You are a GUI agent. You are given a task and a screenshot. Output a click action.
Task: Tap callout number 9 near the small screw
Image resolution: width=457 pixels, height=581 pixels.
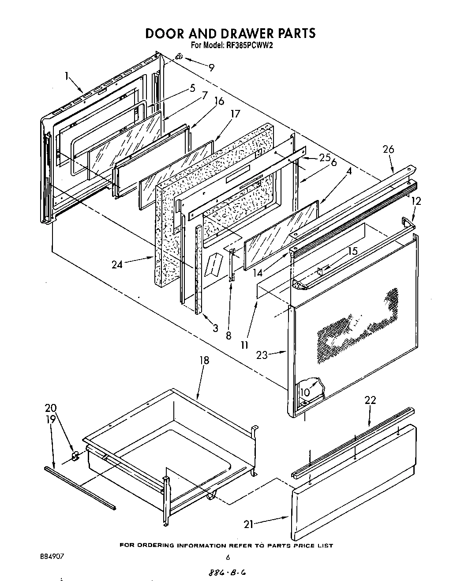coord(212,68)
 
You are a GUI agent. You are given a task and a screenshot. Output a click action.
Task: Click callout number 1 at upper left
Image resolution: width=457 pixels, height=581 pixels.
coord(67,76)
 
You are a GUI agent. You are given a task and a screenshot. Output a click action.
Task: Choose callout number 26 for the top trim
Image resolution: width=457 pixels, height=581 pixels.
coord(388,150)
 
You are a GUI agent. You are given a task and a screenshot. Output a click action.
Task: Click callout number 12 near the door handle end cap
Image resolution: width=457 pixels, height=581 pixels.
coord(416,201)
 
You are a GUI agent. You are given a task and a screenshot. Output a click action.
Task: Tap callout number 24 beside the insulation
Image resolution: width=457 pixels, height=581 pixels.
coord(117,264)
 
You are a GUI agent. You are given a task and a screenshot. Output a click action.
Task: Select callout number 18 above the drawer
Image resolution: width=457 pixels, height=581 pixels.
coord(204,361)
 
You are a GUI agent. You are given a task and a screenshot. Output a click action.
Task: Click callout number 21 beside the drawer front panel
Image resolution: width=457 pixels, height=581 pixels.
coord(249,524)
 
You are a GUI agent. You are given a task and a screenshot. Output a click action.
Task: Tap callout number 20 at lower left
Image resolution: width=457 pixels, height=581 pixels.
coord(51,408)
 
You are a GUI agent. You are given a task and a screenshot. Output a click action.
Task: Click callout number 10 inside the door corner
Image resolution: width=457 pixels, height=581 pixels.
coord(305,392)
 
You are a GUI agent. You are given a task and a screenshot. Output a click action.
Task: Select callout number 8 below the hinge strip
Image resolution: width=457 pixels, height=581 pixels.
coord(228,336)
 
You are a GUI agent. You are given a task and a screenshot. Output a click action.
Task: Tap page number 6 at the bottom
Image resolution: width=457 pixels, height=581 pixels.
coord(228,558)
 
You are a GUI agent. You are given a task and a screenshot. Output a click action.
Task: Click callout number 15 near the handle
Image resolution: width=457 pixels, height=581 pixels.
coord(352,251)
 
